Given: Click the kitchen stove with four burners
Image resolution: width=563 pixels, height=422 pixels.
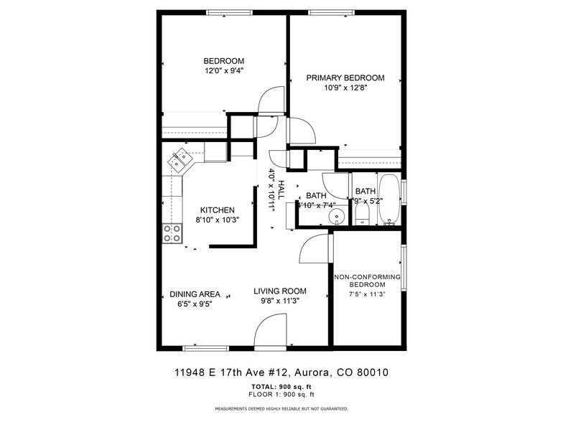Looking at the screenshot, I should [x=172, y=233].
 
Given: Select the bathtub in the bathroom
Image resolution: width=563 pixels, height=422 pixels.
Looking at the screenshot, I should [x=390, y=200].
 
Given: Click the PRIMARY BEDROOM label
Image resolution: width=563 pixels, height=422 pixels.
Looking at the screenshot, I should [x=345, y=78].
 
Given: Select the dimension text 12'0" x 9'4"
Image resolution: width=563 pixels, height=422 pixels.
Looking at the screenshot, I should [x=223, y=71].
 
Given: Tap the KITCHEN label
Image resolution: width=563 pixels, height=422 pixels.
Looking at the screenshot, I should [x=218, y=210].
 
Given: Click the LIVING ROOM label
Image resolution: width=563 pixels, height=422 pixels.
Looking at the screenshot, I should [x=280, y=291].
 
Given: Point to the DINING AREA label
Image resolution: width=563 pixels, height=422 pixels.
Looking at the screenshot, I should [x=195, y=294].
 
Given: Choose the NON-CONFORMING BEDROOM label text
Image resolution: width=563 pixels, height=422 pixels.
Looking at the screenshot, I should [x=367, y=281].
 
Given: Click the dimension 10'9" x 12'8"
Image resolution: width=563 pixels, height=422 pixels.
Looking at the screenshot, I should [x=345, y=88].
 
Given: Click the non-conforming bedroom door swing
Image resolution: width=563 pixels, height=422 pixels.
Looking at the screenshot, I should [x=315, y=253].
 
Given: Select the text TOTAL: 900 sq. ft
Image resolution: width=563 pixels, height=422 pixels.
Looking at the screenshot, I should [x=281, y=387].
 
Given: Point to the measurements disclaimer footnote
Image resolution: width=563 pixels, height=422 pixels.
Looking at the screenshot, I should [x=281, y=408].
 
